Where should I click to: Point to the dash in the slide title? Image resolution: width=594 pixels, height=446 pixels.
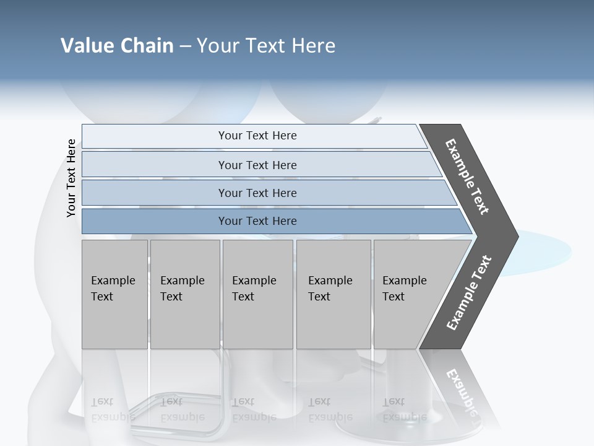click(185, 46)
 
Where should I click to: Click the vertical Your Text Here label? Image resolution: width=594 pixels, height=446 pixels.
click(71, 178)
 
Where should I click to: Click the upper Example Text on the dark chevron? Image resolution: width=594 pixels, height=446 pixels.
click(468, 177)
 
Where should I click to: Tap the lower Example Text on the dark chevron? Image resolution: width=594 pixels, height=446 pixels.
click(469, 292)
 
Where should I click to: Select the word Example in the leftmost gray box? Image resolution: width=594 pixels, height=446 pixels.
click(113, 281)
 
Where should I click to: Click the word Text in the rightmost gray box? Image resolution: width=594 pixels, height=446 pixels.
click(394, 297)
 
